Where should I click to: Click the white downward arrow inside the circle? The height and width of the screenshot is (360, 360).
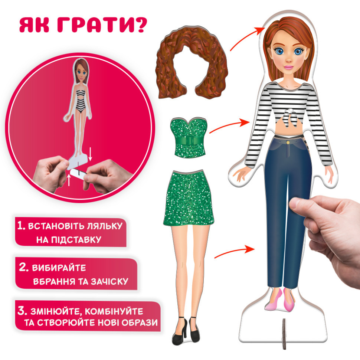pyautogui.click(x=90, y=154)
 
